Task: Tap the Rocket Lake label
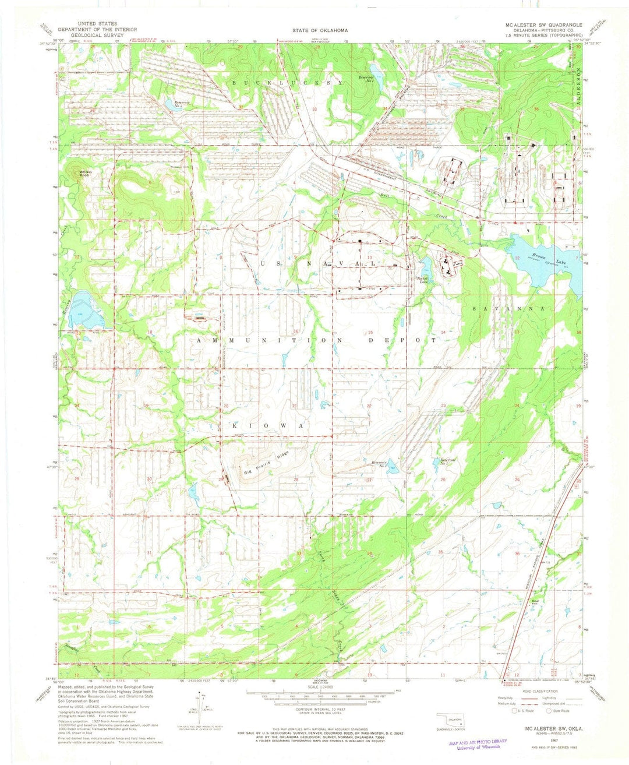tap(421, 280)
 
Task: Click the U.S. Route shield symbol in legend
tap(513, 711)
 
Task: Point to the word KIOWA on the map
tap(268, 426)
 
